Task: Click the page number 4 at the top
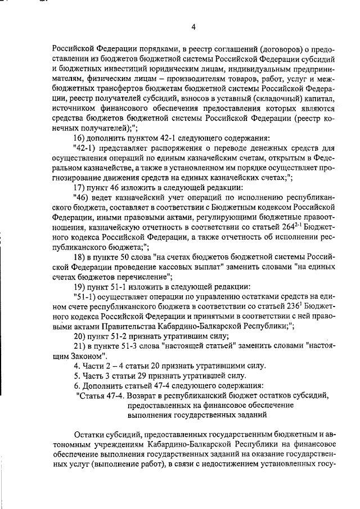coord(193,26)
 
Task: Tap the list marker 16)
coord(81,139)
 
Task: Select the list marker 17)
coord(81,187)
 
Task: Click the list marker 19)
coord(81,286)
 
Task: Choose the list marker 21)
coord(81,345)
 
